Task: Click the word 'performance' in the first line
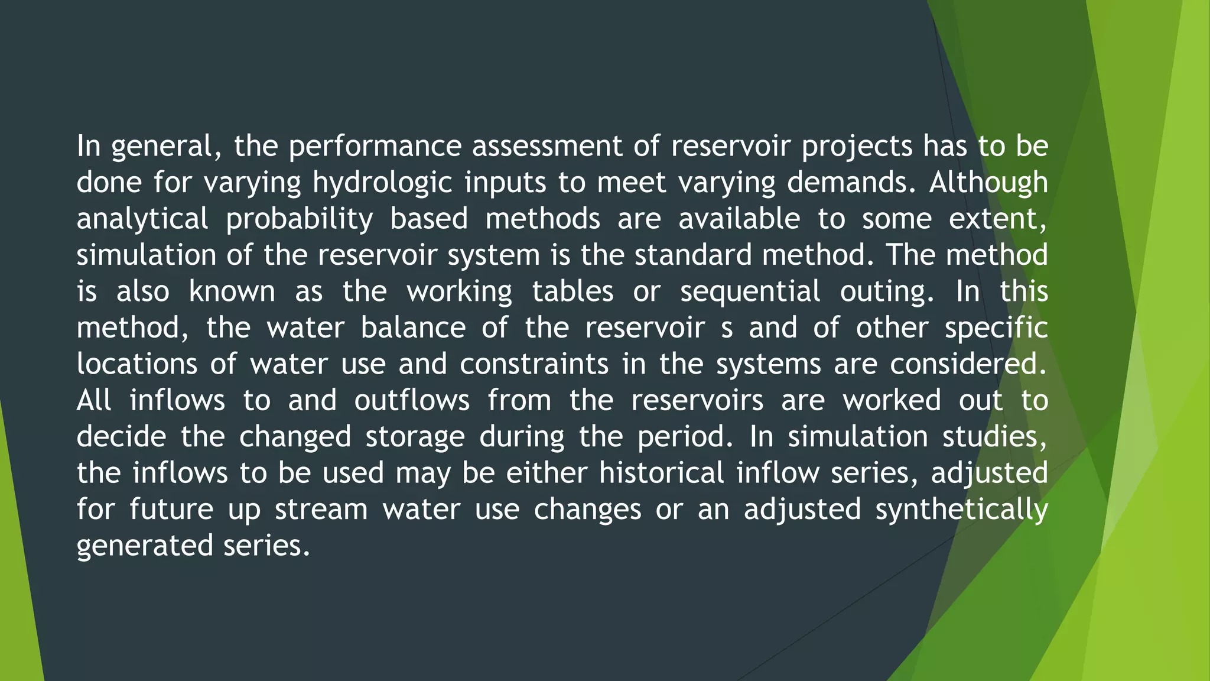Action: click(x=375, y=147)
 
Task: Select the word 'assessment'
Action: click(x=547, y=147)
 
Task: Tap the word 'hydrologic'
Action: click(x=382, y=183)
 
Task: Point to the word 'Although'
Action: click(x=988, y=183)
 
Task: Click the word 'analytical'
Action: click(x=142, y=219)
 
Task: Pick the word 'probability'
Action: click(x=299, y=219)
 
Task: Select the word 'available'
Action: click(x=739, y=219)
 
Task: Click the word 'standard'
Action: click(x=693, y=255)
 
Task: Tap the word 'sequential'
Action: click(x=750, y=291)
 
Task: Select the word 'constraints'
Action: click(x=534, y=364)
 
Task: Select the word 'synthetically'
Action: click(x=961, y=510)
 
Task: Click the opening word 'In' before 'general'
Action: click(x=89, y=147)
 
